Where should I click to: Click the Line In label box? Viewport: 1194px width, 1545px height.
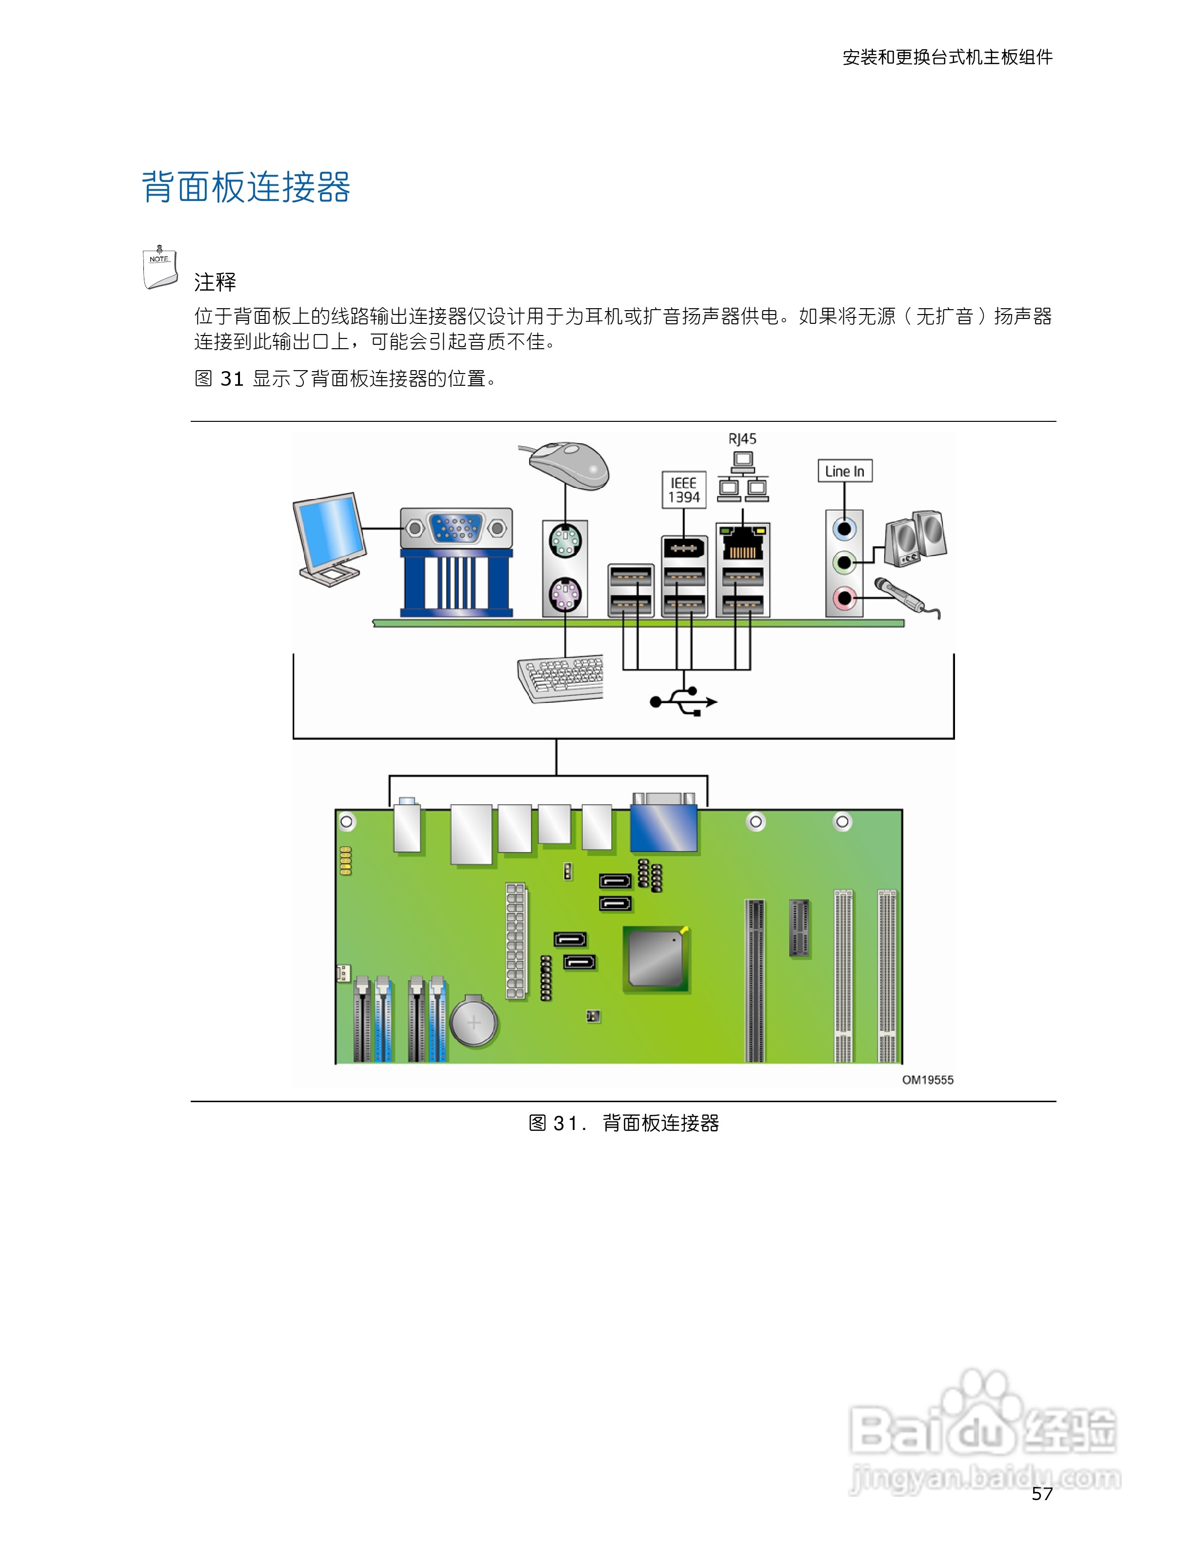click(x=845, y=471)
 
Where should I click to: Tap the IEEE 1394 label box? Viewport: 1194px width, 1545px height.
click(x=683, y=490)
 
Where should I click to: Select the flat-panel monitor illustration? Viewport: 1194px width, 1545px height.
click(x=330, y=537)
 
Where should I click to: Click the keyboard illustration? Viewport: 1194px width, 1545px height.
click(x=561, y=678)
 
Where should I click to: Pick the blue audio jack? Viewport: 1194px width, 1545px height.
click(x=844, y=529)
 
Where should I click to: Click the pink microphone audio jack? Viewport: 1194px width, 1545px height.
click(x=844, y=598)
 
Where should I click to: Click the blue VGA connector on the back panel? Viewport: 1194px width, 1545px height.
click(x=456, y=528)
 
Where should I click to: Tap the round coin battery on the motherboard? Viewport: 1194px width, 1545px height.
click(x=474, y=1022)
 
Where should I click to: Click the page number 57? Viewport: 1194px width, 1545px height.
click(x=1042, y=1493)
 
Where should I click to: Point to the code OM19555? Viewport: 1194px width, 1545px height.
click(x=927, y=1080)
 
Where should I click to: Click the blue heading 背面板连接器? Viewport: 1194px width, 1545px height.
click(x=246, y=187)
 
